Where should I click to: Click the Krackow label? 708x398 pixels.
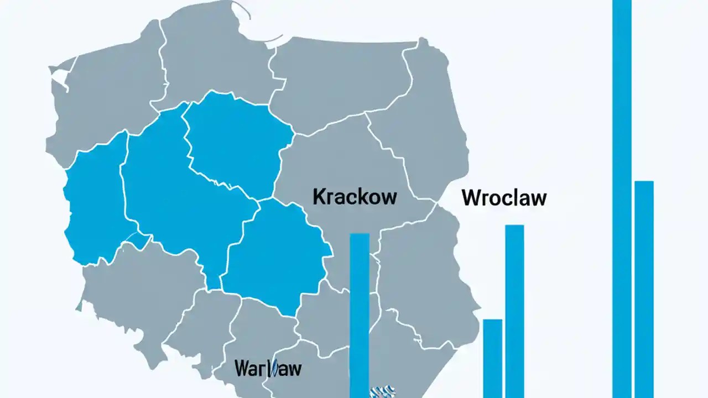[355, 197]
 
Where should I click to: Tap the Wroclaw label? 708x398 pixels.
[504, 198]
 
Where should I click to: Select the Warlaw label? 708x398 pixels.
[268, 368]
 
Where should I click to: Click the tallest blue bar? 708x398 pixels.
[622, 199]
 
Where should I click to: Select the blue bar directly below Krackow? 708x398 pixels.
[360, 315]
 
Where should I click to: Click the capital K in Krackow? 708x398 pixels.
[319, 197]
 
